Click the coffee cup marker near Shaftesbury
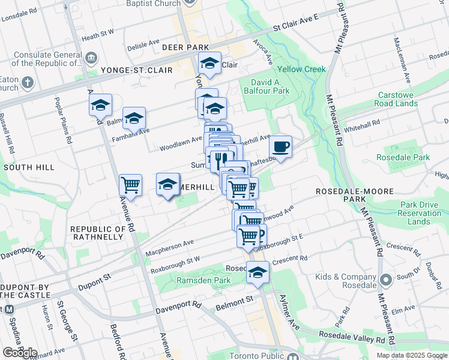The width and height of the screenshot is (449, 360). coord(280,146)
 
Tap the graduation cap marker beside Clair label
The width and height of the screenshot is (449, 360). coord(210,64)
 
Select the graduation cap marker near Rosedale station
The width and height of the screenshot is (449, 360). coord(258,272)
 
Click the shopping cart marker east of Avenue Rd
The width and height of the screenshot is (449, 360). coord(130,184)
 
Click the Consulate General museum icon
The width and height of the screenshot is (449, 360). coord(91,58)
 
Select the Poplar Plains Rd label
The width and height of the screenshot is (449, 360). coord(63,120)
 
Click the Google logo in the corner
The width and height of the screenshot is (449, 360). coord(19,353)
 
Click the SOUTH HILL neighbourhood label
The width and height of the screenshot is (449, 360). coord(26,167)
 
